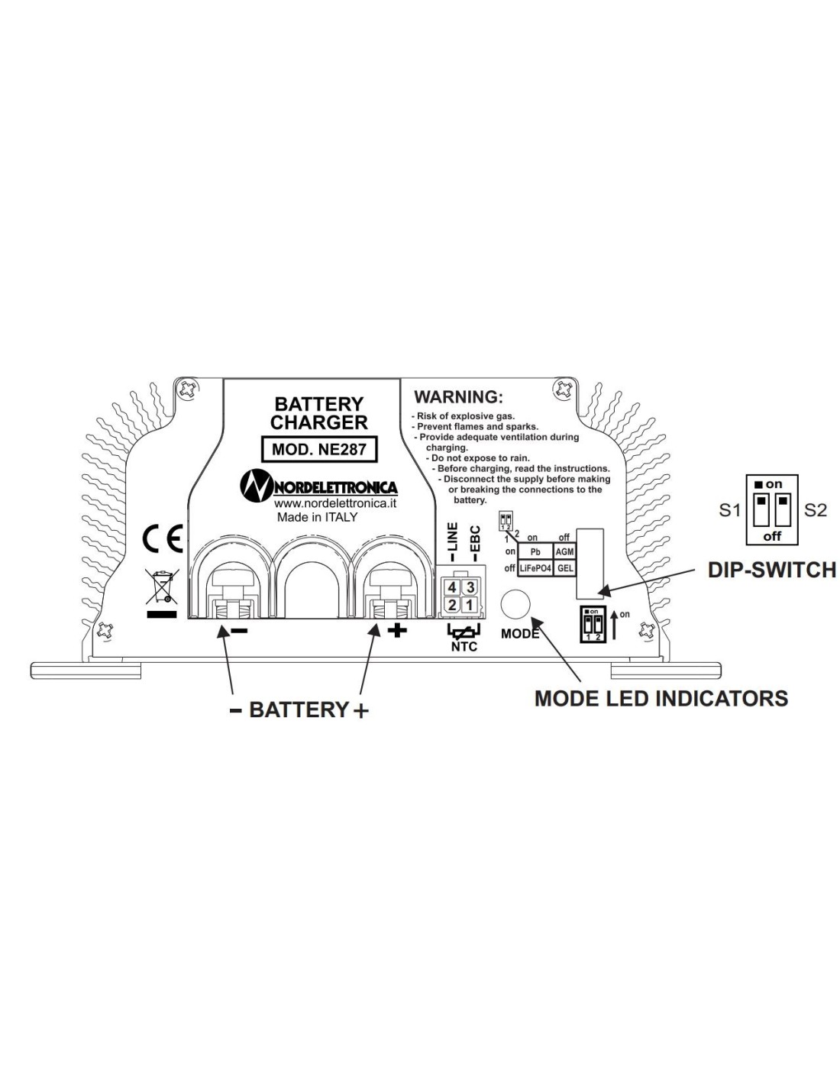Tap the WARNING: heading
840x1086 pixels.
tap(458, 397)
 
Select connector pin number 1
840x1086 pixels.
tap(470, 605)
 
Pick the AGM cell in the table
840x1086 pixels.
tap(565, 551)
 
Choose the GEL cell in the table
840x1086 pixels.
tap(565, 568)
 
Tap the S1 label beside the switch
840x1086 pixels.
tap(730, 510)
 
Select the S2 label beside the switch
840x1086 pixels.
tap(816, 510)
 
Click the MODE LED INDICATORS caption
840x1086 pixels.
tap(661, 698)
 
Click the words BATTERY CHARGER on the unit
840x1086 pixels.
tap(320, 412)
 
